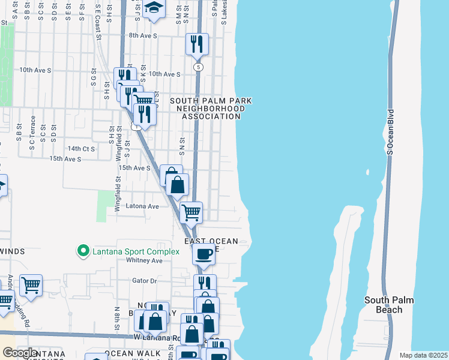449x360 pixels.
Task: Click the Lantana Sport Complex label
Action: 136,251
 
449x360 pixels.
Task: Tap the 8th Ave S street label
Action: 142,36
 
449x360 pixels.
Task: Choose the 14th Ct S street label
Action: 82,148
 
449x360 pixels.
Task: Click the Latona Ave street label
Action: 142,206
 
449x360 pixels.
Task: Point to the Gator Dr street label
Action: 144,280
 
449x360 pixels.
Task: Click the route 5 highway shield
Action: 197,67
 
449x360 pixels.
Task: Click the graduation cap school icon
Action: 154,8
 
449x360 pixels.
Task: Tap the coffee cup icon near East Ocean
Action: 203,253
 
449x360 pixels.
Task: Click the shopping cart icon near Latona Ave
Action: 191,211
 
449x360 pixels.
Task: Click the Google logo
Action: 20,353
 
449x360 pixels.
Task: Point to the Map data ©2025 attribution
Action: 423,355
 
